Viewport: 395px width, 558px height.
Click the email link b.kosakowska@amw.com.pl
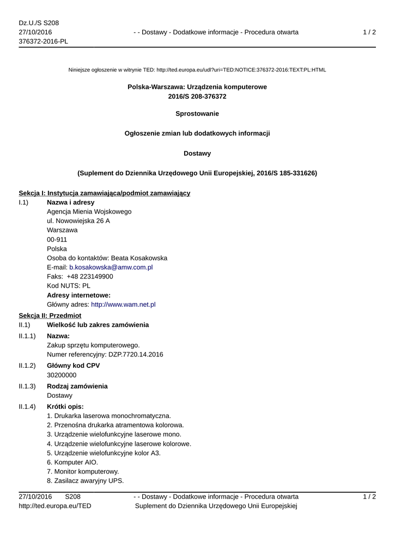[111, 267]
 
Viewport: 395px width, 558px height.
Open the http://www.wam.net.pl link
[123, 304]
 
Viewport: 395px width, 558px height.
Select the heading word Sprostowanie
[197, 113]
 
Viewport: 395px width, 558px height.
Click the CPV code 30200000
[62, 375]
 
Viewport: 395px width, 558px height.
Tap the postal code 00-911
[57, 239]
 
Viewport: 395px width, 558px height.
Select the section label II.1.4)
[27, 407]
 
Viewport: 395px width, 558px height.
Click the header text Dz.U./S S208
[39, 23]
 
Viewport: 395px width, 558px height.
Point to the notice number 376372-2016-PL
[43, 41]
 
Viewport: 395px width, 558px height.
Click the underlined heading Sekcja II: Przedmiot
[50, 316]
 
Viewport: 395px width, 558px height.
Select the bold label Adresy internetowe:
[78, 295]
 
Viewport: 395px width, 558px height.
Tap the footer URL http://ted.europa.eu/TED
[55, 506]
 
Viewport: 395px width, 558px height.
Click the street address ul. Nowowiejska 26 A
[78, 221]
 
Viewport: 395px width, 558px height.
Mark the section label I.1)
[23, 202]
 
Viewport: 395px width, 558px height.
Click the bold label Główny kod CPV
[73, 366]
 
